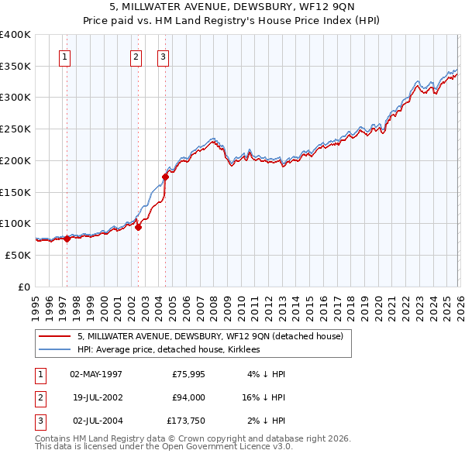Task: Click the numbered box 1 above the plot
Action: pos(64,56)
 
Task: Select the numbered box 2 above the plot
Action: pos(136,56)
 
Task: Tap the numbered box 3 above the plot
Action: pos(164,56)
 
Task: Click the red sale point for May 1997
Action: pos(67,239)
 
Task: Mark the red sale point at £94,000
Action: pos(138,228)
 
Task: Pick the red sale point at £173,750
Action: pos(165,177)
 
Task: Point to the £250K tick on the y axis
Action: pos(15,129)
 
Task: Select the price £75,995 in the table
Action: pos(186,374)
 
